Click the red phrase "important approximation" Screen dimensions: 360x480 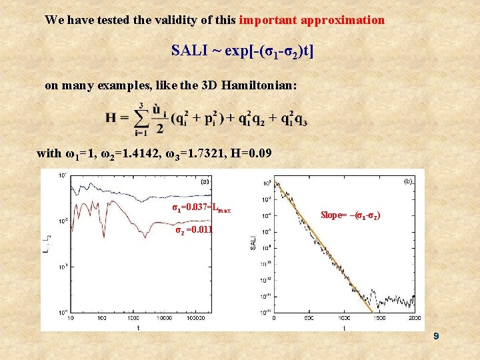click(x=311, y=20)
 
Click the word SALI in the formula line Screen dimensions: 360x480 click(x=189, y=51)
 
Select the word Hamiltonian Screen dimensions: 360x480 click(x=261, y=85)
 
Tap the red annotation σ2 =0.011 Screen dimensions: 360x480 click(x=193, y=231)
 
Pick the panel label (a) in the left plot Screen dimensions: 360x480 click(x=206, y=179)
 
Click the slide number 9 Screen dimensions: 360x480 click(x=435, y=337)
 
